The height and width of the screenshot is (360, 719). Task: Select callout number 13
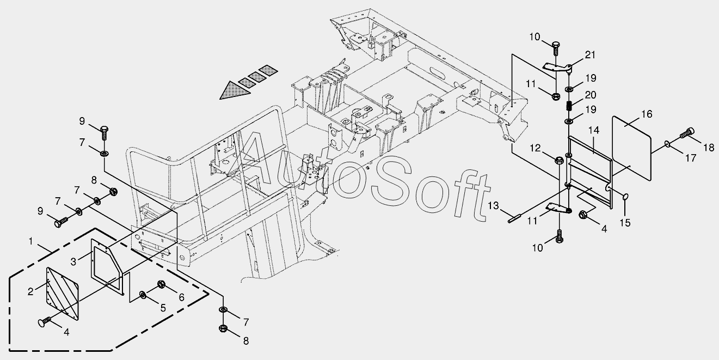coord(493,205)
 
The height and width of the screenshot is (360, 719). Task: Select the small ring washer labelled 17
coord(667,144)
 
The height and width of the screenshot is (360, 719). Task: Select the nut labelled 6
coord(162,284)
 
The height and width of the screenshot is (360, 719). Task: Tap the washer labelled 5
coord(143,295)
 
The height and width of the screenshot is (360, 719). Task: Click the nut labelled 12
coord(558,160)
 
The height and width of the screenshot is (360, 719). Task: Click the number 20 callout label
coord(591,95)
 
